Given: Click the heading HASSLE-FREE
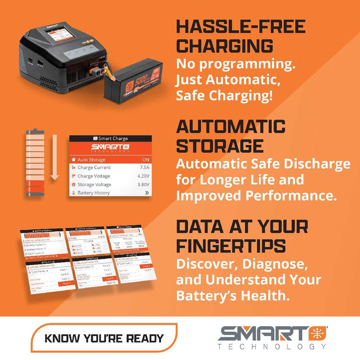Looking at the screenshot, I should click(240, 27).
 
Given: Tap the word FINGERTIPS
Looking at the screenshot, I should click(231, 245).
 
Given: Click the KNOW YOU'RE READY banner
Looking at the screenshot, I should click(104, 338).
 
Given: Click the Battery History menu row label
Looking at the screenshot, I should click(94, 193).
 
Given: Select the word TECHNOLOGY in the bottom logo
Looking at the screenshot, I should click(272, 346).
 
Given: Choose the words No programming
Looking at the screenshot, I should click(235, 64).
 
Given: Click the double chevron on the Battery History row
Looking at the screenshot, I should click(146, 193).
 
